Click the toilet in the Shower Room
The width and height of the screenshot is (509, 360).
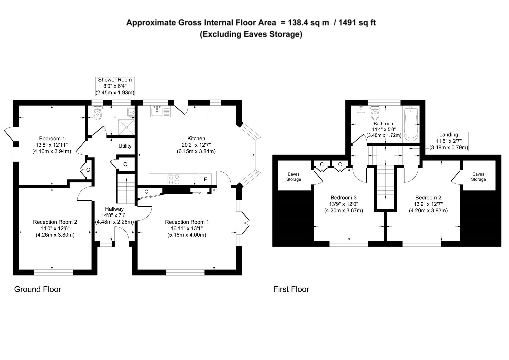(97, 113)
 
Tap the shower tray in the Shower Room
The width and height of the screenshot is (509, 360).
(126, 126)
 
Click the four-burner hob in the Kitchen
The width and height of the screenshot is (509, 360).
(174, 179)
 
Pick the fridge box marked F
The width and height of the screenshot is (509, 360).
(205, 179)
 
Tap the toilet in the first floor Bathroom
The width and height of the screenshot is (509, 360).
(376, 113)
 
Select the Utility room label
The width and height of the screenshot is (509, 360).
(125, 146)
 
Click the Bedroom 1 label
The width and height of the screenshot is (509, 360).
(52, 138)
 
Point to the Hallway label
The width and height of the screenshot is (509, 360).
(114, 209)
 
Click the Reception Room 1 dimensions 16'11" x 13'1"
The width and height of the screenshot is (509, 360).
(187, 228)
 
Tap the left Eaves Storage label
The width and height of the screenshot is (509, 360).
(293, 177)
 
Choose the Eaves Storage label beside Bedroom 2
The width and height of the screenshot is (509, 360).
(478, 177)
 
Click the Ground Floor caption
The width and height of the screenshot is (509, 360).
(38, 289)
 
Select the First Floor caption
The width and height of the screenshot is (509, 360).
(291, 289)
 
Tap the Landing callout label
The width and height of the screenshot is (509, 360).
(448, 135)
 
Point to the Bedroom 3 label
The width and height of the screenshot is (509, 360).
(343, 197)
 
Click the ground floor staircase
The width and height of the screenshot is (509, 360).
(126, 190)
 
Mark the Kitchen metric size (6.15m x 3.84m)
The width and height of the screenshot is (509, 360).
(196, 151)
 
